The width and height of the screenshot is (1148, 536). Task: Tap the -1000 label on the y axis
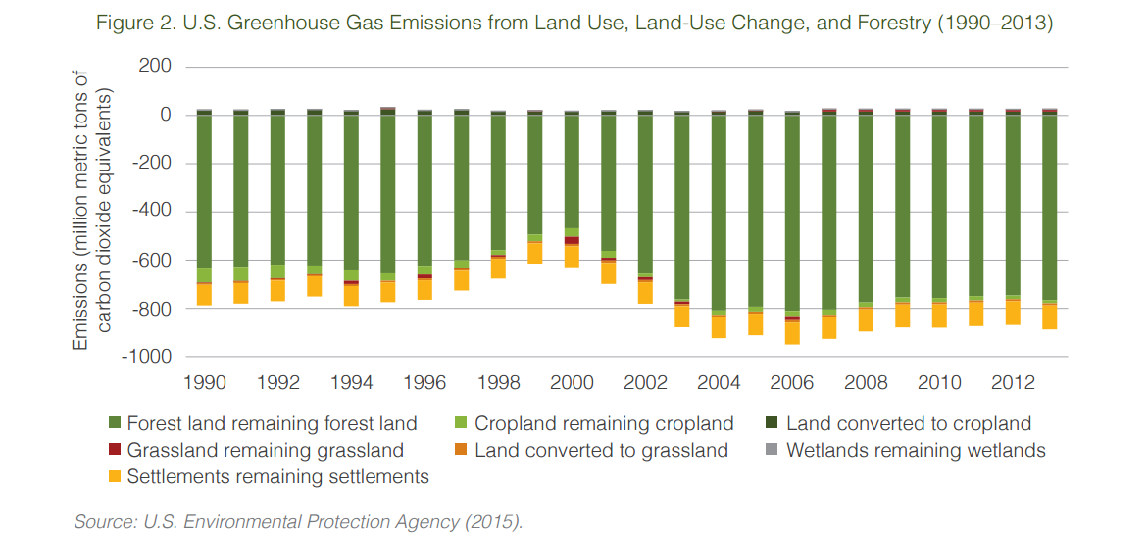(x=150, y=357)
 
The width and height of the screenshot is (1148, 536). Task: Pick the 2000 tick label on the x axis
(x=572, y=382)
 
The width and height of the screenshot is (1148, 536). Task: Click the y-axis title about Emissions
(x=93, y=211)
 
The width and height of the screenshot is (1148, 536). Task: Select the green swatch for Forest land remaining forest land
(x=114, y=424)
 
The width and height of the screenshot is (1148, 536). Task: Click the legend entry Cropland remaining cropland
(x=604, y=424)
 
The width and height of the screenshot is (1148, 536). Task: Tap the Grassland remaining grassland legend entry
(x=265, y=451)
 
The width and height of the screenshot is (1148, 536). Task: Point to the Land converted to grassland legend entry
(x=601, y=451)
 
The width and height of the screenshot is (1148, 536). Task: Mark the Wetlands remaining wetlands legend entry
(x=916, y=451)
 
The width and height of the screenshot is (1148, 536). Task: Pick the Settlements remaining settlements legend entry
(x=277, y=477)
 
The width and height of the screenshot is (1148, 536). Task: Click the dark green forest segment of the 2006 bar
(x=792, y=211)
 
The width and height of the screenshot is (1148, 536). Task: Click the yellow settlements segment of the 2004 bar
(x=719, y=327)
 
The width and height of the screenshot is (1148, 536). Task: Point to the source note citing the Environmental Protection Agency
(x=299, y=521)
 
